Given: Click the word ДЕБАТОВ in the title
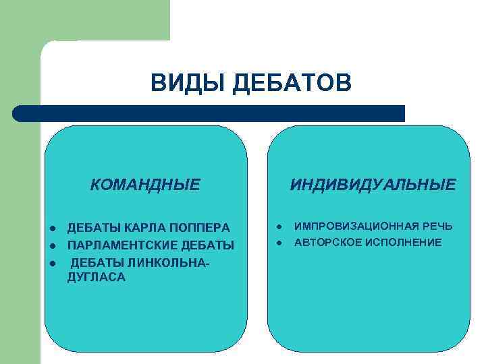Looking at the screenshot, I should coord(291,84).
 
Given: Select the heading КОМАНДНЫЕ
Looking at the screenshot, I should coord(145,184).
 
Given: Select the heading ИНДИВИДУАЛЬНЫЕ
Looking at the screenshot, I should coord(373,184).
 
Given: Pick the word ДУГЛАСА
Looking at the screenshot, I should coord(97,277).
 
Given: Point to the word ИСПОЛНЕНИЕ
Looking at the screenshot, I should coord(404,242).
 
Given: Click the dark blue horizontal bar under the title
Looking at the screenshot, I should coord(209,113).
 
